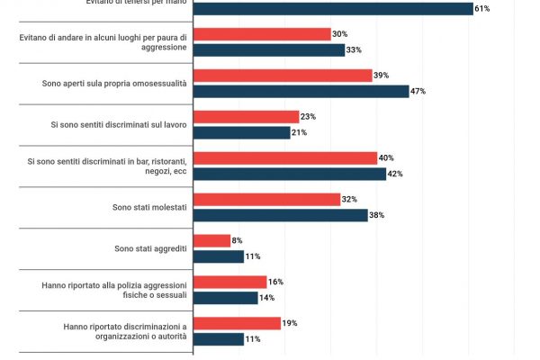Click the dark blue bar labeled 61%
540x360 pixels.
[333, 9]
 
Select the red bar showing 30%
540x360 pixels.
[263, 34]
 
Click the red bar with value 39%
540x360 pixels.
[283, 76]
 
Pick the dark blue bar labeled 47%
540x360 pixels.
[301, 92]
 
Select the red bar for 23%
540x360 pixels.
[247, 117]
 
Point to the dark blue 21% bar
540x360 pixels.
[242, 133]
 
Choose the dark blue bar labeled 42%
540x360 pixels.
[291, 175]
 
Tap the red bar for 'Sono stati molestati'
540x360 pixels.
[267, 200]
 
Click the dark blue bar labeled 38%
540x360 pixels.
[281, 216]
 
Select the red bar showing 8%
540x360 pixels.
[212, 240]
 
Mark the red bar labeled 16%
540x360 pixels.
[230, 282]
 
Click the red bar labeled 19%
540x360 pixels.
[238, 323]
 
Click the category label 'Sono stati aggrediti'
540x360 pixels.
[150, 248]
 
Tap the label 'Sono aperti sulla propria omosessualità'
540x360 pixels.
[114, 84]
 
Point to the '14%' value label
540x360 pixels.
[268, 298]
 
